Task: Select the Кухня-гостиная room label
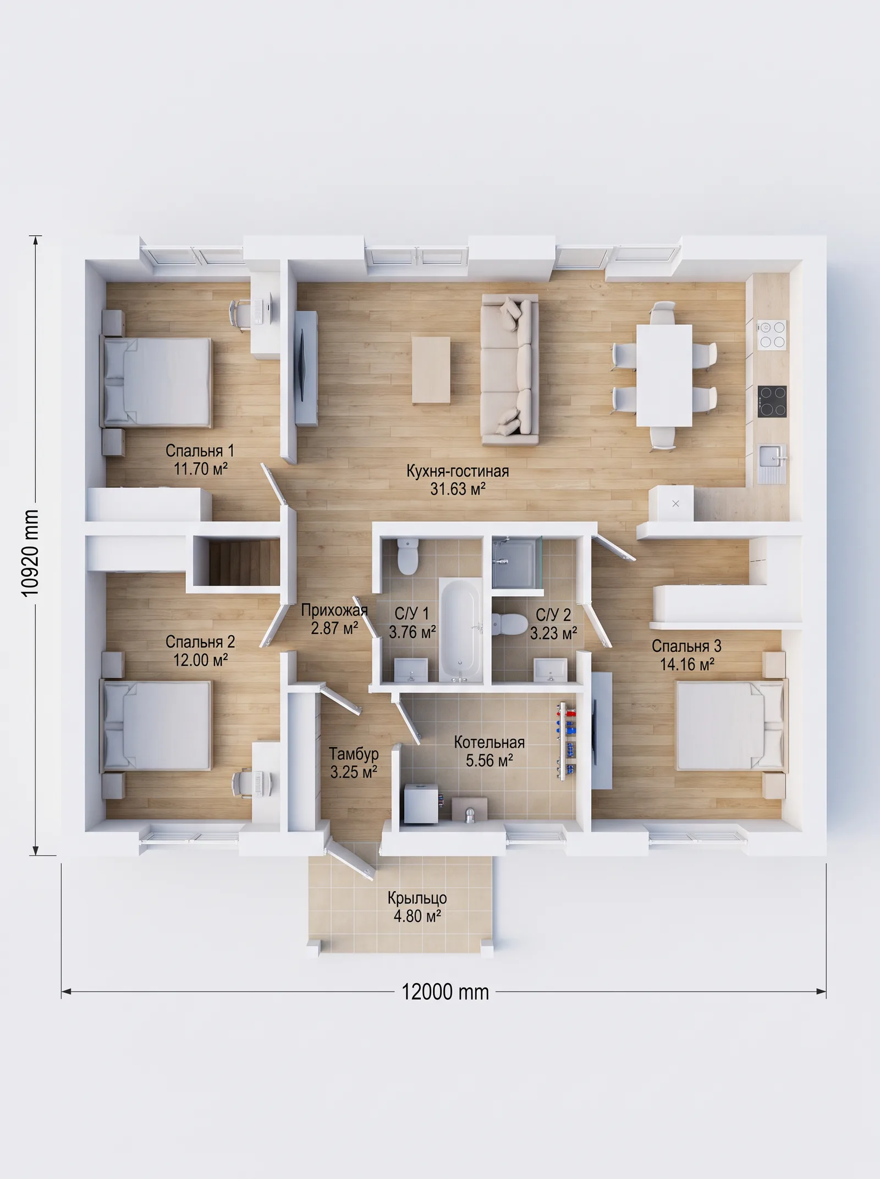[x=458, y=471]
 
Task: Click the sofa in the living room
[x=509, y=369]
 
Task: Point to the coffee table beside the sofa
[x=432, y=370]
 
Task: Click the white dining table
[x=664, y=375]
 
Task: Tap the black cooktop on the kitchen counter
[x=772, y=401]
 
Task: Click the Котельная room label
[x=489, y=742]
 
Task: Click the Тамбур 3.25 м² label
[x=354, y=763]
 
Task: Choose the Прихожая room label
[x=334, y=610]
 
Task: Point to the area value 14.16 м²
[x=687, y=665]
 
